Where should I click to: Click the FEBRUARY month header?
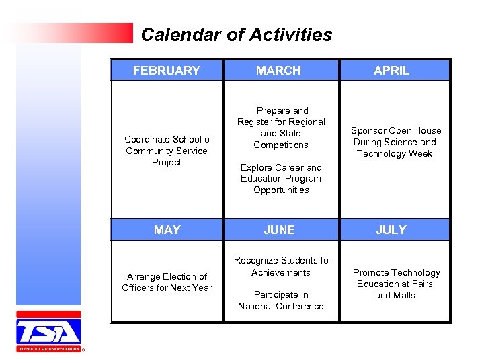pyautogui.click(x=167, y=71)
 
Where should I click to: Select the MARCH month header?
pyautogui.click(x=279, y=71)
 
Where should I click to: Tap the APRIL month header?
pyautogui.click(x=391, y=71)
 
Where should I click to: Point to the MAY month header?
pyautogui.click(x=167, y=230)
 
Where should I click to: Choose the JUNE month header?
pyautogui.click(x=279, y=230)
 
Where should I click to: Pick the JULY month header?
pyautogui.click(x=391, y=230)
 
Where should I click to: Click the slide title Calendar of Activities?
pyautogui.click(x=237, y=35)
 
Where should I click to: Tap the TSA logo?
pyautogui.click(x=48, y=331)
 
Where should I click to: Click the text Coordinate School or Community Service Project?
pyautogui.click(x=167, y=151)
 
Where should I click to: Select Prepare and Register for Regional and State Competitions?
pyautogui.click(x=282, y=128)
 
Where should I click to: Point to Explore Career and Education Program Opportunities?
pyautogui.click(x=282, y=179)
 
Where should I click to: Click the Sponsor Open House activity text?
pyautogui.click(x=396, y=142)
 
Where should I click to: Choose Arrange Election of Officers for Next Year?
pyautogui.click(x=167, y=282)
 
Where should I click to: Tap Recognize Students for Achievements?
pyautogui.click(x=282, y=266)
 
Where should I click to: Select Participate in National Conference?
pyautogui.click(x=281, y=300)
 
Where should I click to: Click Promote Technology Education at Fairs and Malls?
pyautogui.click(x=396, y=284)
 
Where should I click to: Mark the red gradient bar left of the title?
pyautogui.click(x=74, y=33)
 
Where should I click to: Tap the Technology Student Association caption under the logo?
pyautogui.click(x=48, y=349)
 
